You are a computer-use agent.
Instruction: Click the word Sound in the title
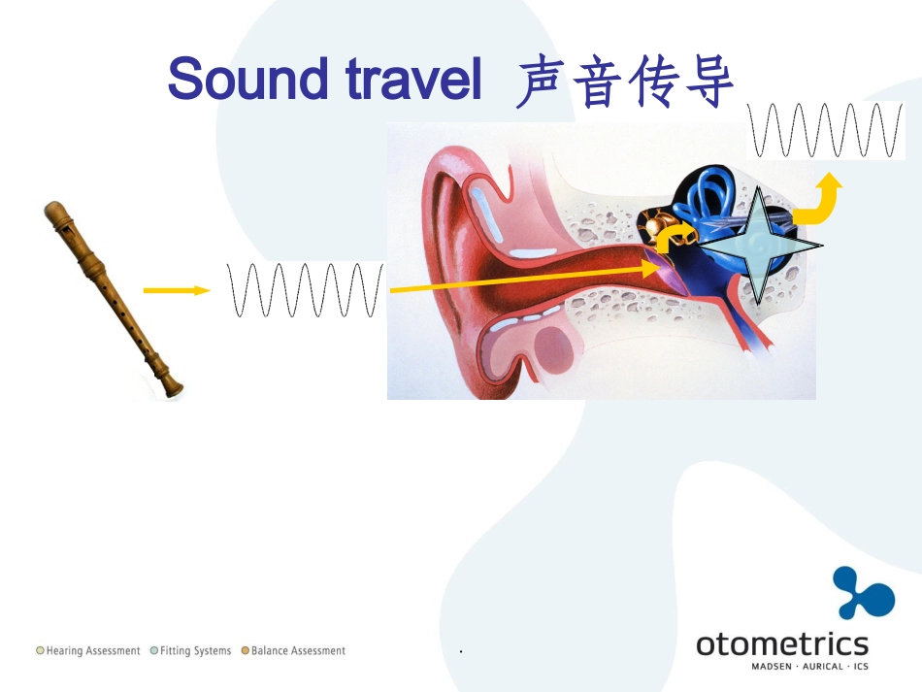[x=247, y=79]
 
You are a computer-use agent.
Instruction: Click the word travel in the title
[x=413, y=79]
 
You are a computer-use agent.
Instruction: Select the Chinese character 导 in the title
[x=709, y=81]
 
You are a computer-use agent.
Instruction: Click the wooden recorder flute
[x=114, y=299]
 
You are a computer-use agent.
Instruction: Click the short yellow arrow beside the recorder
[x=177, y=290]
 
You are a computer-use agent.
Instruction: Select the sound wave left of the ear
[x=306, y=290]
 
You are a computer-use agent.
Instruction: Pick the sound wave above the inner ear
[x=826, y=130]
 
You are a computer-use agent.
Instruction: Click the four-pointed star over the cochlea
[x=759, y=246]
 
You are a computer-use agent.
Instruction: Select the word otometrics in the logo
[x=782, y=644]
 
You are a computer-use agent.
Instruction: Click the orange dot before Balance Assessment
[x=246, y=650]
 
